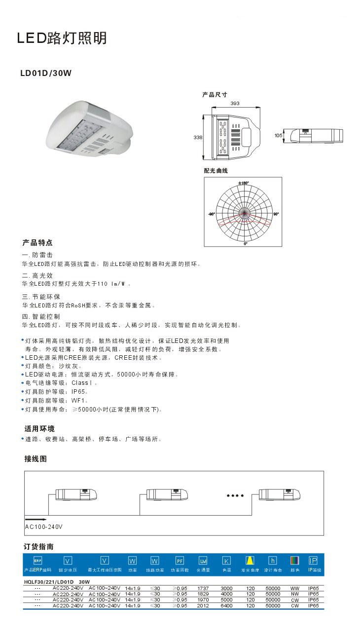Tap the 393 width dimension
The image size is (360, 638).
(x=235, y=104)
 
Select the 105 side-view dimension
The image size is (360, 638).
(x=279, y=135)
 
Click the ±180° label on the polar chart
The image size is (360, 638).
(x=243, y=183)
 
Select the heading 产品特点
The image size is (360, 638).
(x=37, y=243)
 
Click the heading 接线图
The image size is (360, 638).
(x=36, y=458)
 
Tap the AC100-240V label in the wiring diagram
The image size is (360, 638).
(x=44, y=527)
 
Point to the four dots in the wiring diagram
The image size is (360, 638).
(x=235, y=495)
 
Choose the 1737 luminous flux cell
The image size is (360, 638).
(x=203, y=588)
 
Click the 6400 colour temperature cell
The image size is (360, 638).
(x=226, y=605)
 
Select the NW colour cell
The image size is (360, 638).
(x=295, y=594)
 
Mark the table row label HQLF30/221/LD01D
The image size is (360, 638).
(x=46, y=582)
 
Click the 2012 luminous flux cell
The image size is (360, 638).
(x=203, y=605)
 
